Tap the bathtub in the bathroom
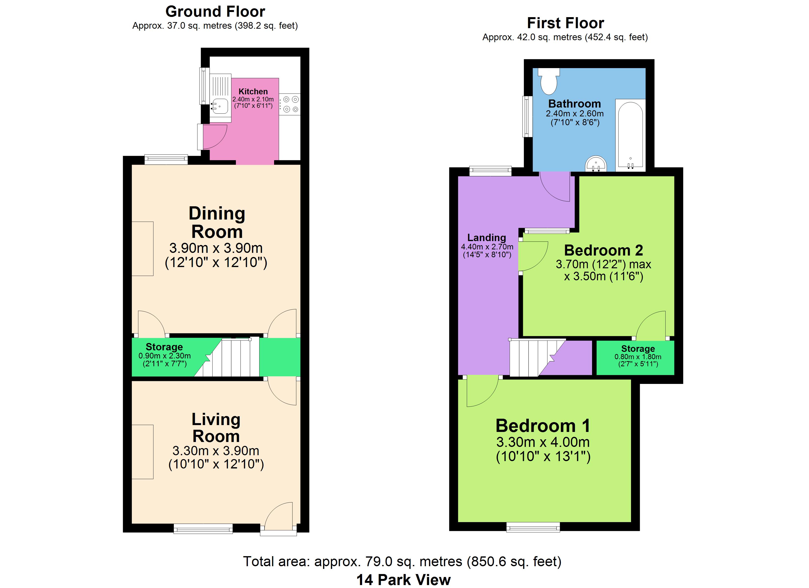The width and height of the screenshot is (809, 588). (x=630, y=135)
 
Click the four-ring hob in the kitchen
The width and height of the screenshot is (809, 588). (x=290, y=104)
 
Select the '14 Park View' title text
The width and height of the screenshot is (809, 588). (x=404, y=580)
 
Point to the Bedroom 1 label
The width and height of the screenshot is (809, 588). (x=543, y=426)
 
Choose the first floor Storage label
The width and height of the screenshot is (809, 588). (x=638, y=349)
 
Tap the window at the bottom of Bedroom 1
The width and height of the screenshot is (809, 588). (x=533, y=527)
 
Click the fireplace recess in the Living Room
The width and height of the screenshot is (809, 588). (x=143, y=452)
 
